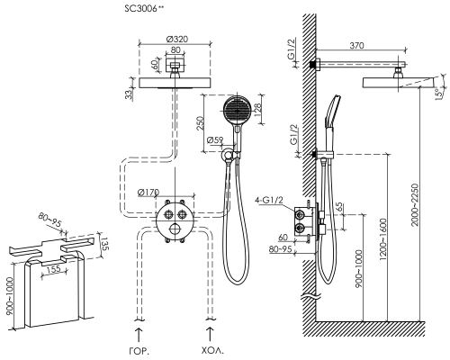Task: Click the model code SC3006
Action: click(x=140, y=9)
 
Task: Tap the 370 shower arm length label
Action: click(x=356, y=46)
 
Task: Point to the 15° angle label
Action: click(x=439, y=93)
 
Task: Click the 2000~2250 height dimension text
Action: click(x=415, y=205)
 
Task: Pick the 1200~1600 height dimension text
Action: click(x=383, y=239)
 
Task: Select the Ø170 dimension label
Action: click(x=148, y=193)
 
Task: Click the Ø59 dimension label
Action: click(x=215, y=139)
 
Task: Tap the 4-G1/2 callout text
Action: click(x=269, y=200)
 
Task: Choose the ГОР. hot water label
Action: click(x=139, y=351)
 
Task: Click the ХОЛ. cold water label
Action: click(x=212, y=350)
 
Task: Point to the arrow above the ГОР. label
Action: click(x=139, y=335)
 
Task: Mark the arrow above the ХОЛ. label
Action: click(x=210, y=335)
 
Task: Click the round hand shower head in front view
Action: click(x=238, y=111)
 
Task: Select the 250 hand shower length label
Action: click(x=201, y=123)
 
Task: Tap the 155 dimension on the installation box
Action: click(x=54, y=269)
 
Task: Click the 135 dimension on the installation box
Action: click(x=104, y=244)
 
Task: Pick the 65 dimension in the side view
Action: click(x=338, y=208)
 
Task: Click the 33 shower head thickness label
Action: click(x=129, y=94)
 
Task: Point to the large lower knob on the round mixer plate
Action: click(x=175, y=229)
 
